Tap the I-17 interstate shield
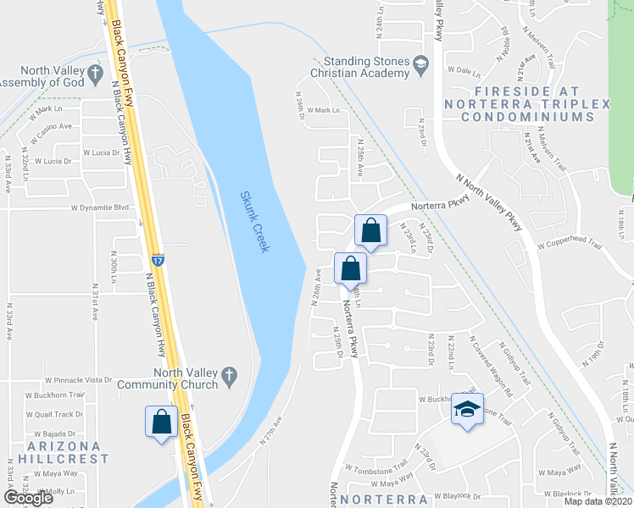pyautogui.click(x=158, y=259)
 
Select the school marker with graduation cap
pyautogui.click(x=466, y=410)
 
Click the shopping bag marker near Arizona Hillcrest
pyautogui.click(x=161, y=422)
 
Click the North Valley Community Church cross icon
pyautogui.click(x=228, y=373)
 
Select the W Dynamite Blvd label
pyautogui.click(x=99, y=207)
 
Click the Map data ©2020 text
pyautogui.click(x=598, y=501)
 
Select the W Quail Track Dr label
pyautogui.click(x=54, y=414)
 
